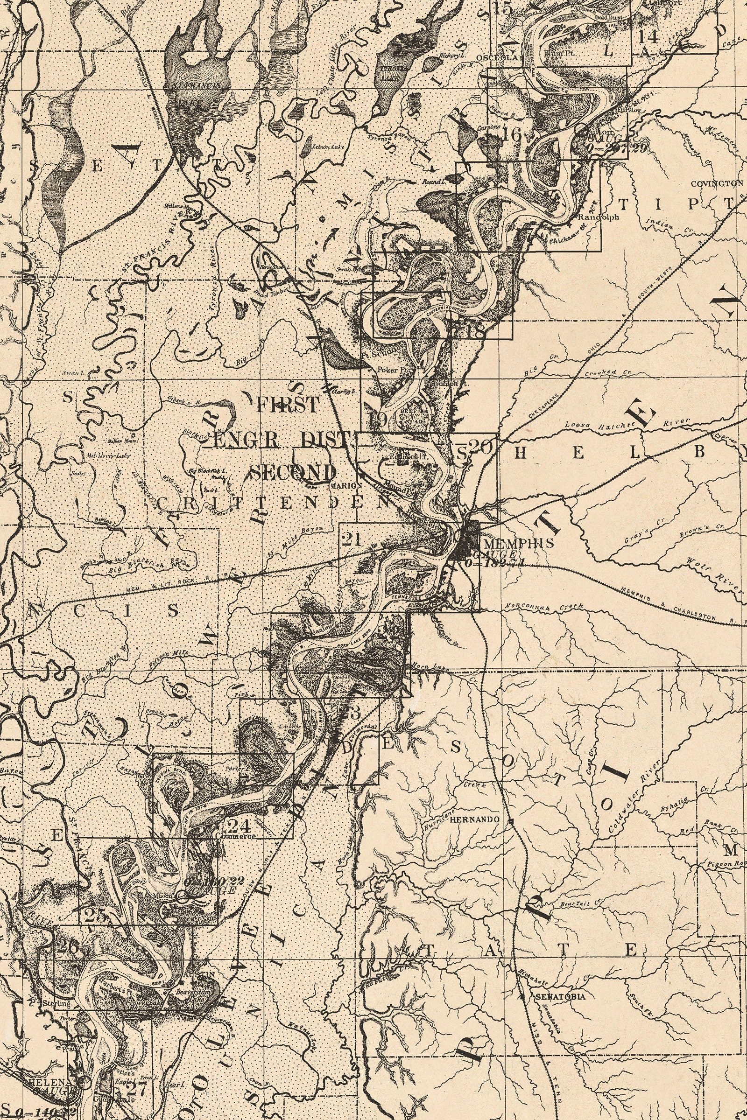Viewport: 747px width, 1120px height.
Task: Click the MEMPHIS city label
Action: point(518,542)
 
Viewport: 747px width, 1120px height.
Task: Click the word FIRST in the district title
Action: point(287,405)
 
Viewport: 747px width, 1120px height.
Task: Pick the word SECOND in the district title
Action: point(293,473)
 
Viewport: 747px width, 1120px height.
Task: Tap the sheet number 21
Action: point(352,539)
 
